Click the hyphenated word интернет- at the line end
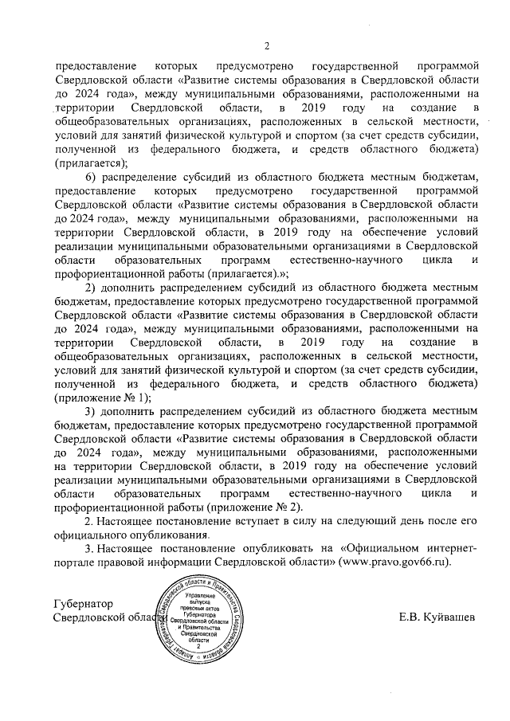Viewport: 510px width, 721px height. tap(453, 548)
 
